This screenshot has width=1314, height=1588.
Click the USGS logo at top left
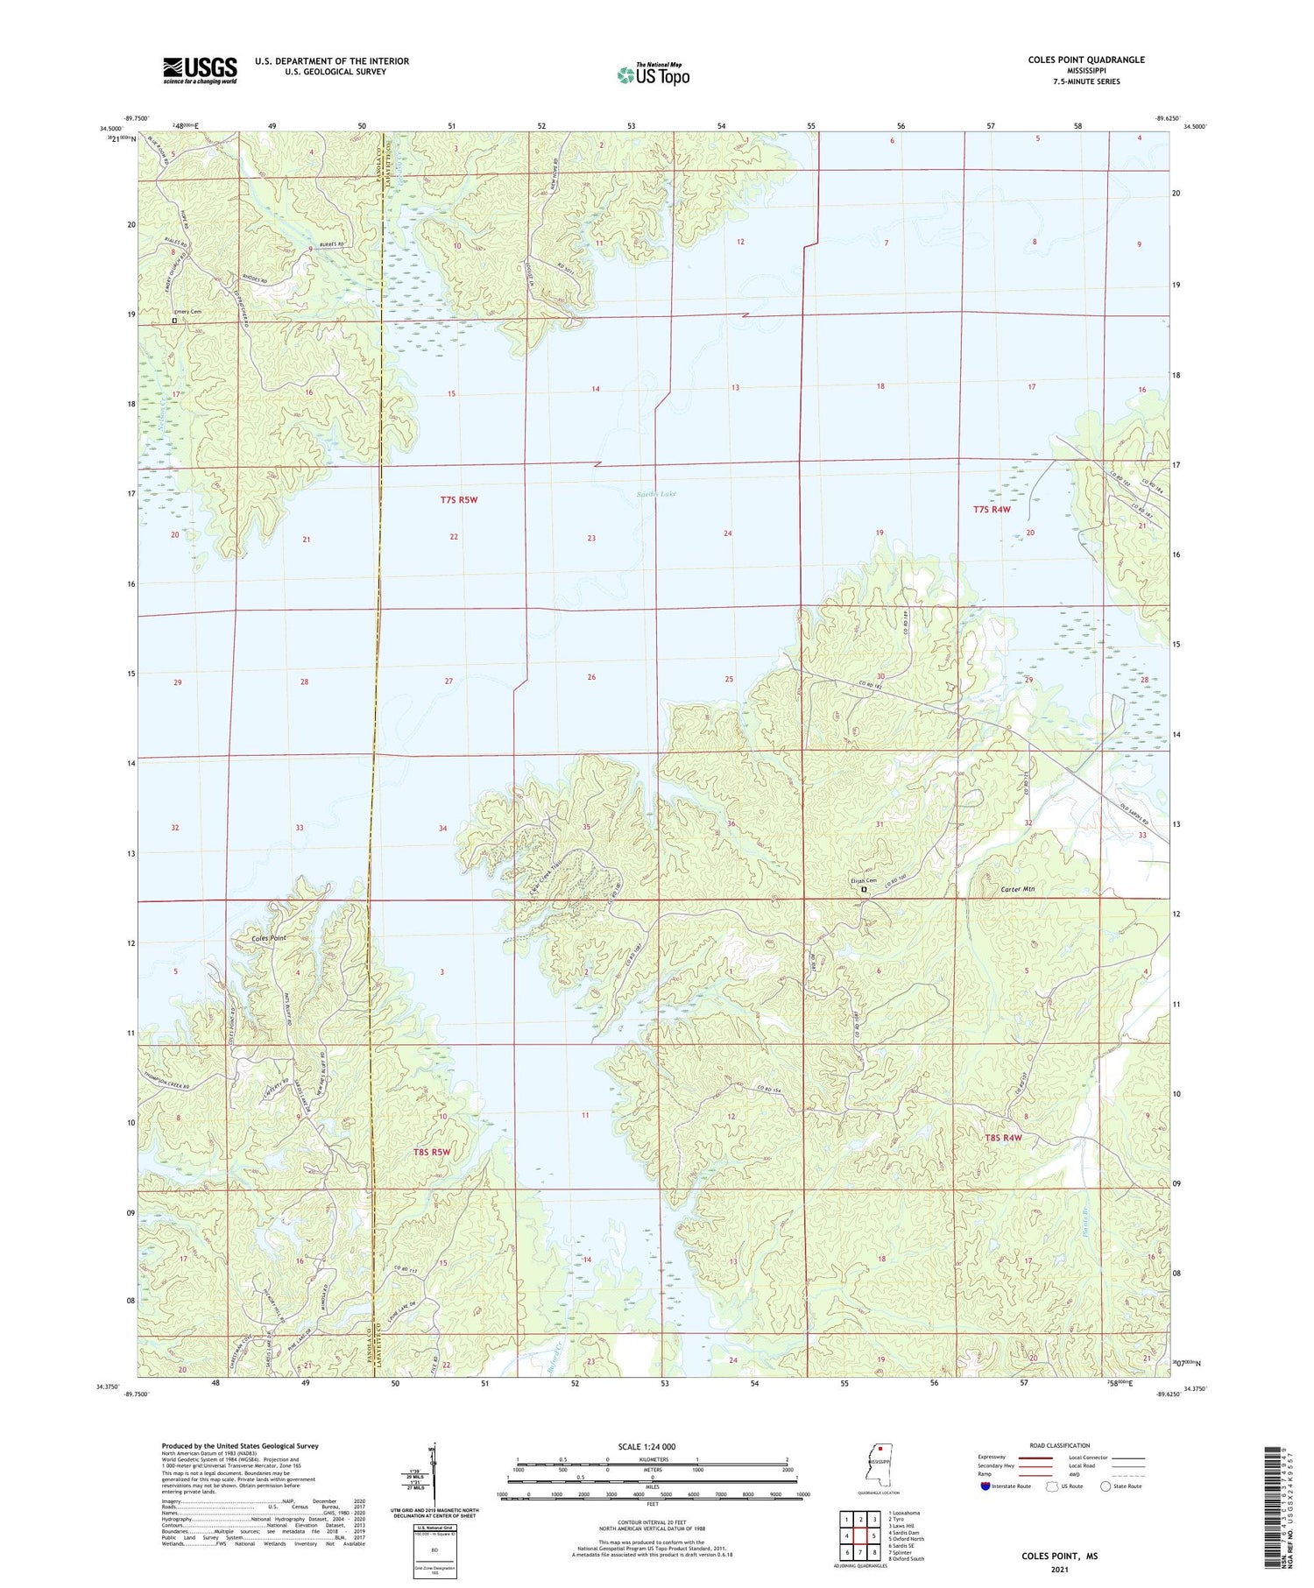pyautogui.click(x=200, y=70)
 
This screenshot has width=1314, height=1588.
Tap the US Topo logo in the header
pyautogui.click(x=653, y=75)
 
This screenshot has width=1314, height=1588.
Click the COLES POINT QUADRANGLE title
pyautogui.click(x=1086, y=60)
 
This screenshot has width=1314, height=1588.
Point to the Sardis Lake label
pyautogui.click(x=656, y=494)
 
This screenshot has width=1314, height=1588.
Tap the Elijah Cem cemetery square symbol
pyautogui.click(x=864, y=889)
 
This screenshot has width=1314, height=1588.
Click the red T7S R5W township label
pyautogui.click(x=459, y=499)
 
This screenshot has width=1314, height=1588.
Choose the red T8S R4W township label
pyautogui.click(x=1003, y=1138)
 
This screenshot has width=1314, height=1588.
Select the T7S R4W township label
pyautogui.click(x=992, y=509)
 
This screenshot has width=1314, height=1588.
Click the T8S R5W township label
pyautogui.click(x=431, y=1152)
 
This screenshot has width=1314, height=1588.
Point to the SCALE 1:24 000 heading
pyautogui.click(x=652, y=1446)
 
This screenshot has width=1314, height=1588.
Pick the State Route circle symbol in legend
pyautogui.click(x=1106, y=1486)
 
